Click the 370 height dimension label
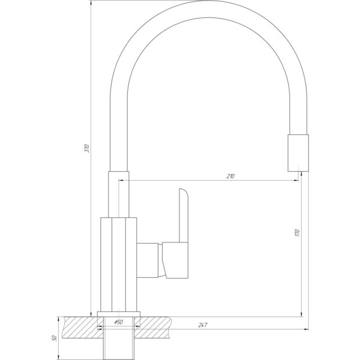coord(87,149)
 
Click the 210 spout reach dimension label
coord(230,176)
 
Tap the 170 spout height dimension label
coord(298,233)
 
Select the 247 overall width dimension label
coord(203,325)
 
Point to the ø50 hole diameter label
coord(118,322)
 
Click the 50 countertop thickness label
coord(55,338)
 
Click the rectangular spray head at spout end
coord(298,153)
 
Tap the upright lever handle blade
coord(184,215)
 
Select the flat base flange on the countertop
coord(119,314)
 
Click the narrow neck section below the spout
coord(118,194)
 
